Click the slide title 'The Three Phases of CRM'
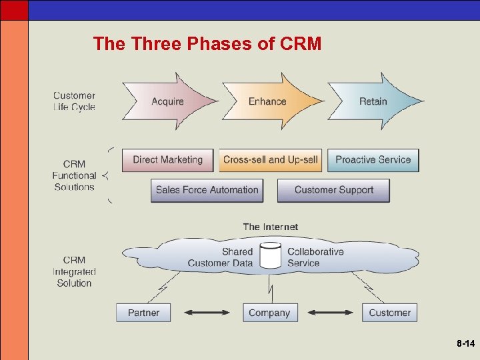click(x=207, y=44)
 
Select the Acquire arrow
click(x=168, y=101)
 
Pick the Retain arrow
click(x=373, y=101)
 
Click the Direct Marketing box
click(x=167, y=160)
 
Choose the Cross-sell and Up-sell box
click(x=270, y=160)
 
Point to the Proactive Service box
click(x=373, y=160)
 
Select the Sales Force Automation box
click(x=207, y=190)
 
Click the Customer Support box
click(x=333, y=190)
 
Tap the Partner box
click(x=143, y=313)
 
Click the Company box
click(x=269, y=313)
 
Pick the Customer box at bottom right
click(x=389, y=313)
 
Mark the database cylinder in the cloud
click(x=270, y=256)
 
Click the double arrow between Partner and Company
click(x=207, y=312)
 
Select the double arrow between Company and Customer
click(x=330, y=312)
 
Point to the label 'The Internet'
click(x=270, y=227)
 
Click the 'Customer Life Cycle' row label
click(x=74, y=101)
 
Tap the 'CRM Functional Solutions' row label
click(x=74, y=175)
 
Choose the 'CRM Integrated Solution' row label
click(x=74, y=271)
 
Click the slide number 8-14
click(x=465, y=344)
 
